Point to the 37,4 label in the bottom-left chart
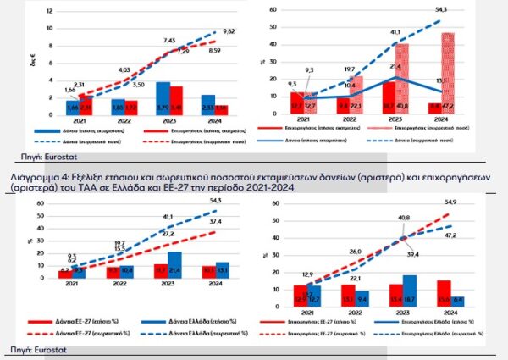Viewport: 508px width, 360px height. click(x=239, y=222)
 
